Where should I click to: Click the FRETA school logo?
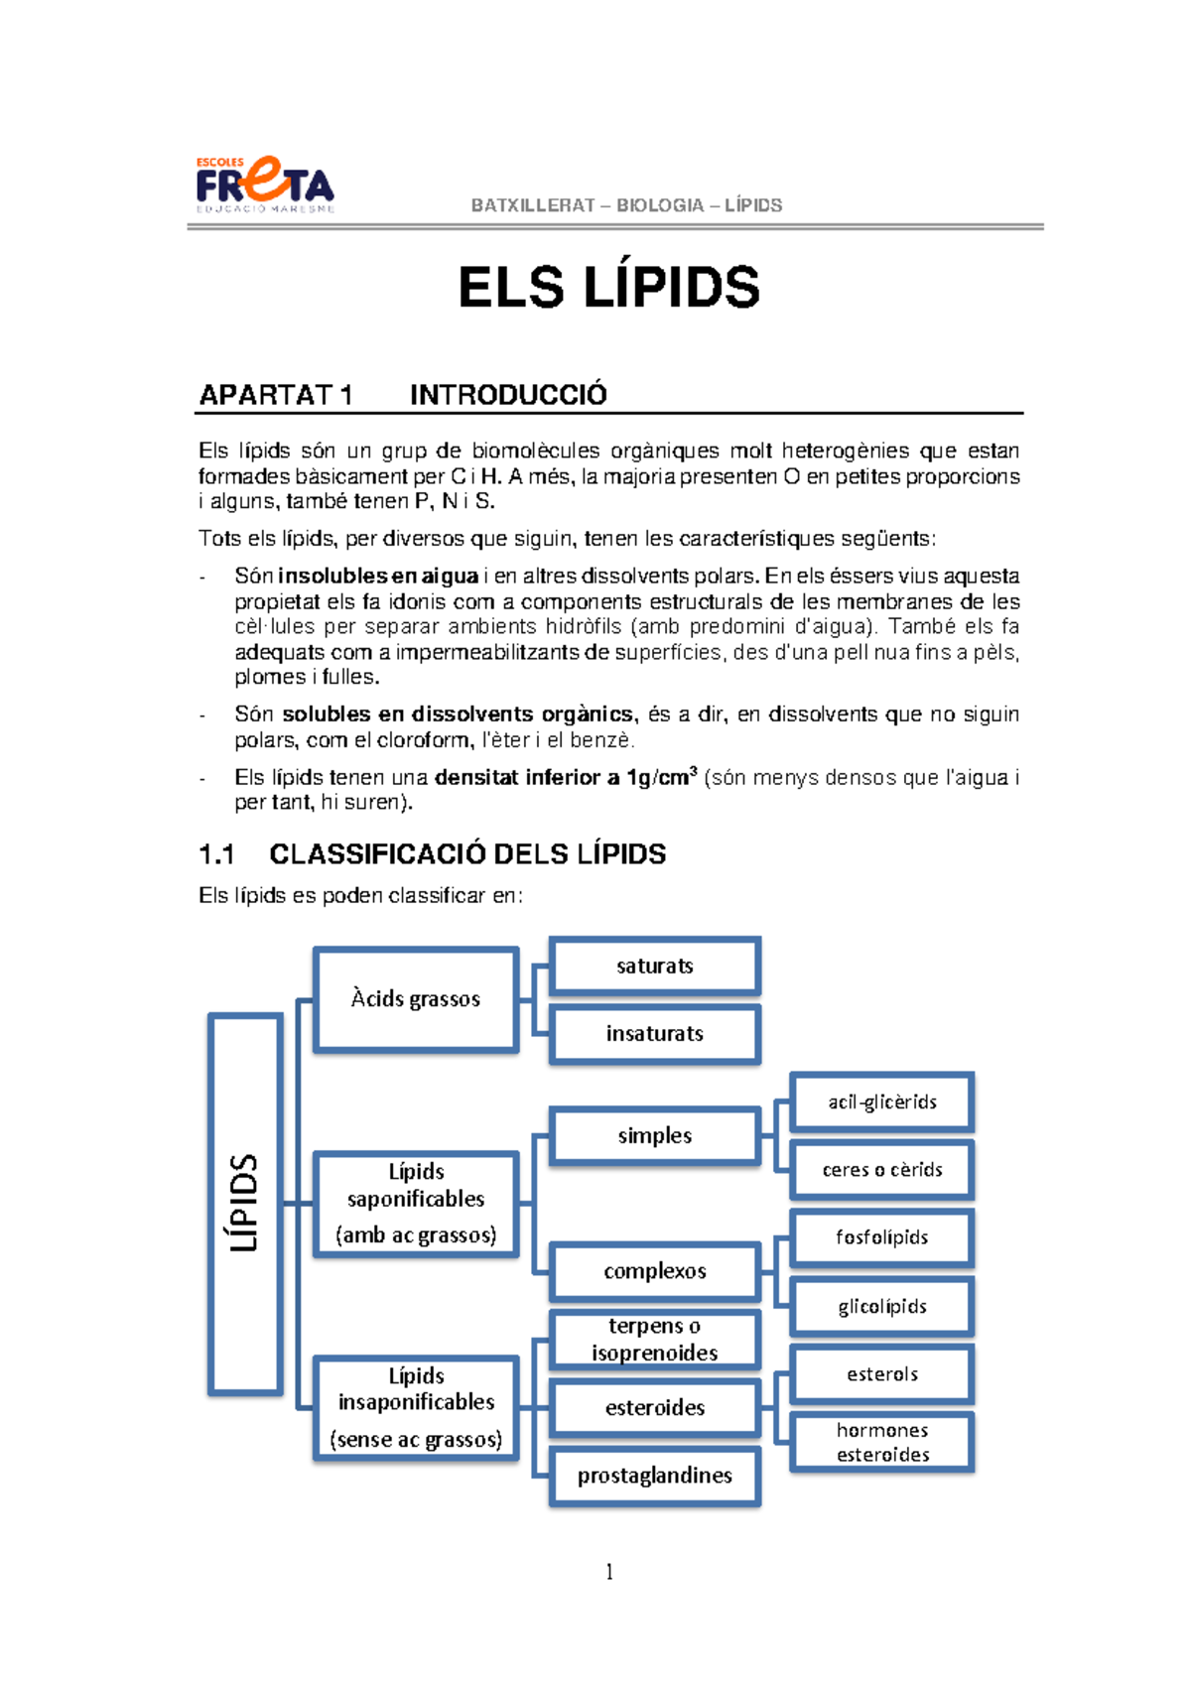pos(264,186)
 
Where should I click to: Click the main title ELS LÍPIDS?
pos(608,289)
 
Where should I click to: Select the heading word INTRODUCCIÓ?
pos(508,395)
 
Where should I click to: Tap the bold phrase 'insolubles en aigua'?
pos(378,577)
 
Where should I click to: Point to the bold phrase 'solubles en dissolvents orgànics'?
pos(458,714)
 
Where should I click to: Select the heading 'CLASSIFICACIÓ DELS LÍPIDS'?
pos(467,854)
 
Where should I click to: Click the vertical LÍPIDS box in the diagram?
pos(245,1204)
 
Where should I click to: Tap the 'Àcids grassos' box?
pos(416,999)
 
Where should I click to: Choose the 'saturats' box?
pos(655,966)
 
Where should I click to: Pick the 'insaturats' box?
pos(655,1034)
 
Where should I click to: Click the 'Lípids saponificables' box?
pos(416,1204)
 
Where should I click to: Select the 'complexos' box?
pos(655,1271)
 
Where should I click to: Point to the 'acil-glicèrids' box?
pos(882,1102)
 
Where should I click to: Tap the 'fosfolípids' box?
pos(882,1237)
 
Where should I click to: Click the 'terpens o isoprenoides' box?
pos(655,1340)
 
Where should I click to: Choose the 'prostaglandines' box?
pos(655,1476)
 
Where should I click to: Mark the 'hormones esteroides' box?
pos(882,1442)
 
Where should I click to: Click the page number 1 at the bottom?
pos(608,1572)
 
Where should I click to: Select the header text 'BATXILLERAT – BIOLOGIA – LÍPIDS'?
pos(626,205)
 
